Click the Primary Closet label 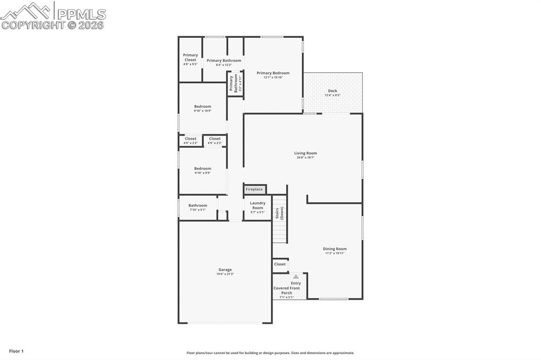(190, 58)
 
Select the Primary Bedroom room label (273, 73)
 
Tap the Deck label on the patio (332, 91)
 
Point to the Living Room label (305, 153)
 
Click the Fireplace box (254, 189)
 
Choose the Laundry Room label (257, 205)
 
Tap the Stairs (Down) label (279, 213)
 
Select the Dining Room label (335, 249)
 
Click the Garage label (225, 270)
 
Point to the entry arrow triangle (296, 277)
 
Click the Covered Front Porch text (286, 290)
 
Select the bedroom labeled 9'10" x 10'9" (202, 108)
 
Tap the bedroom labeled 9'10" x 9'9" (202, 170)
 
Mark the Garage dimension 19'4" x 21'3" (225, 274)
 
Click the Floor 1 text (16, 351)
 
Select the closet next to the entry (279, 264)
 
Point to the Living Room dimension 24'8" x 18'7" (305, 157)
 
